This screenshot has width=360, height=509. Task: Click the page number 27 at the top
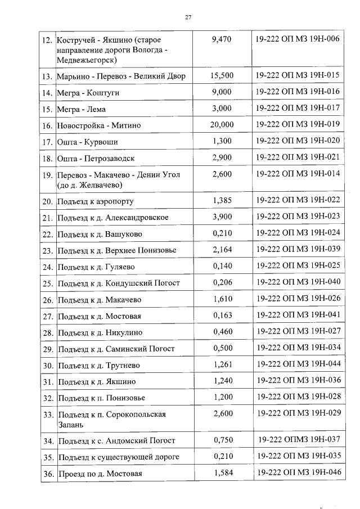tap(188, 17)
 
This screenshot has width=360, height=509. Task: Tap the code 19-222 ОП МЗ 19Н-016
tap(297, 92)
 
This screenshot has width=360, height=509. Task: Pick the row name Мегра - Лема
tap(81, 109)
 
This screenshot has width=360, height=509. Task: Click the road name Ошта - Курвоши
tap(87, 142)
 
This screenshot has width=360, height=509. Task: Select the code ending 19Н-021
tap(297, 158)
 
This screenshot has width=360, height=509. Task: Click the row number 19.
tap(47, 175)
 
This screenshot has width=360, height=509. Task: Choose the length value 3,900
tap(223, 217)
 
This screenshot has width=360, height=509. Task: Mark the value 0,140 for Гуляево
tap(223, 266)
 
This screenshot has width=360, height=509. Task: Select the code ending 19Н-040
tap(297, 282)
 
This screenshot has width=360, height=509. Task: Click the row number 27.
tap(47, 316)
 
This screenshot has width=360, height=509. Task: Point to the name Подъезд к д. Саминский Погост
tap(116, 349)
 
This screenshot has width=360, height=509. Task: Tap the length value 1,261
tap(223, 364)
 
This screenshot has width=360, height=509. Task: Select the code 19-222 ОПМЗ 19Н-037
tap(297, 440)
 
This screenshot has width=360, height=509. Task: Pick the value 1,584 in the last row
tap(223, 473)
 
